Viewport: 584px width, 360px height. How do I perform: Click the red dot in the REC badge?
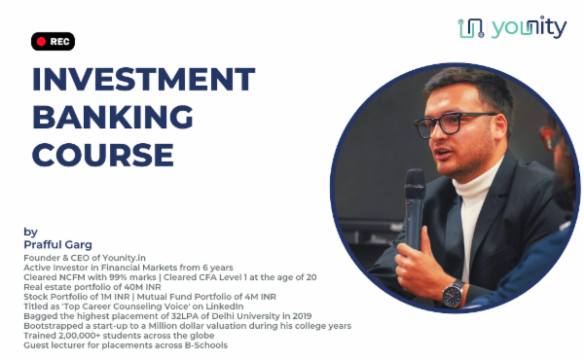pos(40,42)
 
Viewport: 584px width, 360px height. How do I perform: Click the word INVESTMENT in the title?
pos(143,80)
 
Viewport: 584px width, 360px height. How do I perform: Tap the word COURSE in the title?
pos(103,153)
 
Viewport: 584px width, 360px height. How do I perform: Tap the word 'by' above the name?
pos(29,233)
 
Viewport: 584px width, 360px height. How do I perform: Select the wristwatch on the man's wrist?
pos(453,293)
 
